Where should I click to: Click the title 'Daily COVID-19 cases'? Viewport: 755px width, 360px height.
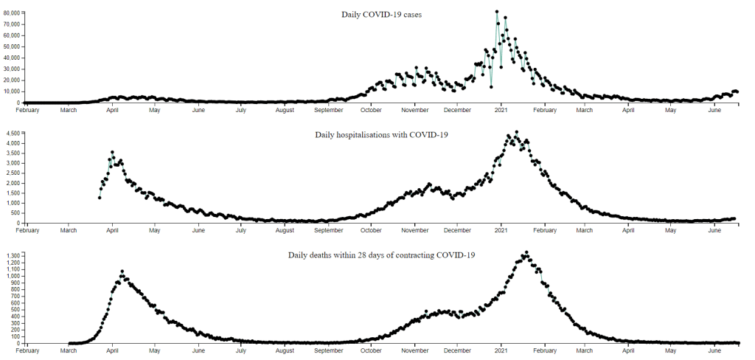pos(381,14)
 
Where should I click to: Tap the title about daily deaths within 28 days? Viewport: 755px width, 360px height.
pos(381,255)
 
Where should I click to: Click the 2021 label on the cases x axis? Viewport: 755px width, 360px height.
pos(501,111)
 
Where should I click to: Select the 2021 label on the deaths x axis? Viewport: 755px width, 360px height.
pos(501,352)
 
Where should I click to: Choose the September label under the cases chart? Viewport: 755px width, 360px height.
pos(328,111)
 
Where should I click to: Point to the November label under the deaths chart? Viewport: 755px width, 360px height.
pos(415,352)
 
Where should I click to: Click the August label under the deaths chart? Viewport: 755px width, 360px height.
pos(285,352)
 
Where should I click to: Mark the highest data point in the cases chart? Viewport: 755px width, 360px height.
pos(497,12)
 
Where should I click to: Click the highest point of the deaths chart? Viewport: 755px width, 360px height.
pos(526,252)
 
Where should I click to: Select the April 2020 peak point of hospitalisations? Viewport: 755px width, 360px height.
pos(112,152)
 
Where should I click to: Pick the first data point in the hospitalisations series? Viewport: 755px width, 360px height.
pos(100,198)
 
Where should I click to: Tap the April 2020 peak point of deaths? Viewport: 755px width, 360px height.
pos(122,271)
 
